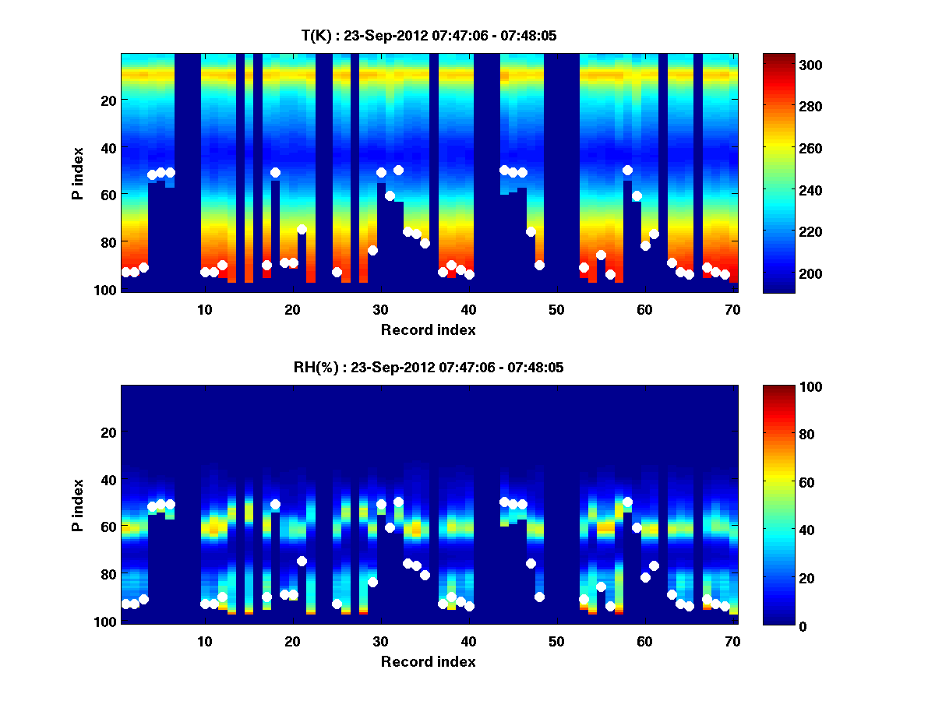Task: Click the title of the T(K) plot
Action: (x=429, y=36)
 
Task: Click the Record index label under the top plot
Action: (x=429, y=330)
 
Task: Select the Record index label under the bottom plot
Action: (x=429, y=662)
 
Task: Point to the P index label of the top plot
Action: (x=78, y=173)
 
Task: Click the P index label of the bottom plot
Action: (x=78, y=505)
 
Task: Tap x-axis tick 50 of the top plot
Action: (x=556, y=309)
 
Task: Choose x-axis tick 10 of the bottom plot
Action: (x=204, y=641)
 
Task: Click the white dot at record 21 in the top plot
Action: (x=302, y=230)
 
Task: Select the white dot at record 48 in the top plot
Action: (x=539, y=265)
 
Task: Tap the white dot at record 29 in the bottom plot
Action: (x=372, y=582)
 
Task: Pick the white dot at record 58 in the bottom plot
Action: (x=627, y=502)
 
